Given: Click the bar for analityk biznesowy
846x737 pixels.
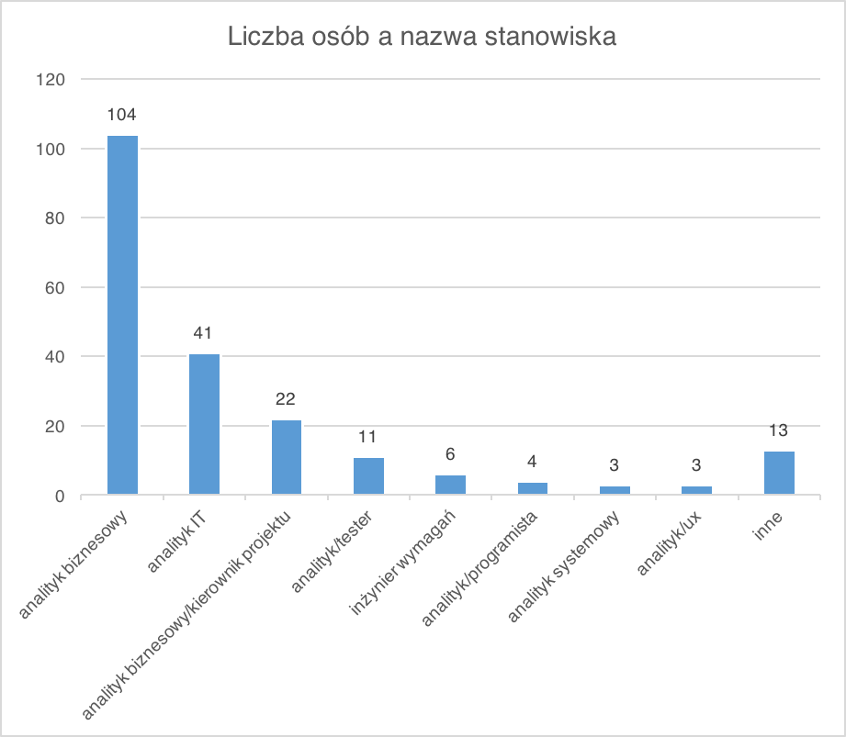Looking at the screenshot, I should coord(122,316).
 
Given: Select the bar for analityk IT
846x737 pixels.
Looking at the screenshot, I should coord(204,425).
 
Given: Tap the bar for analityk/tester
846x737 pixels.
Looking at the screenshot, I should coord(368,476).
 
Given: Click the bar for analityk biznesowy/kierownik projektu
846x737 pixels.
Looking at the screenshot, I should coord(287,458).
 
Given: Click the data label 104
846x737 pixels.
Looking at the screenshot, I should coord(122,116).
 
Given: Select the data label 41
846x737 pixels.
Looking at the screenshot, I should coord(204,333).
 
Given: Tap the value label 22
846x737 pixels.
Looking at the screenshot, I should coord(287,399).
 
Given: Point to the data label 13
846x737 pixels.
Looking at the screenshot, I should coord(779,430).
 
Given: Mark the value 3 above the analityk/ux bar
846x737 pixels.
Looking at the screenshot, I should coord(697,465).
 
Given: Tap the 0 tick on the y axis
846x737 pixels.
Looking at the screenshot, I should coord(58,496).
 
